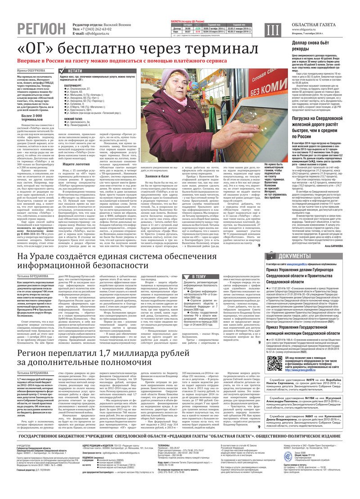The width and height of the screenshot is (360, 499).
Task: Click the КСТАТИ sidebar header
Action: [x=74, y=71]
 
